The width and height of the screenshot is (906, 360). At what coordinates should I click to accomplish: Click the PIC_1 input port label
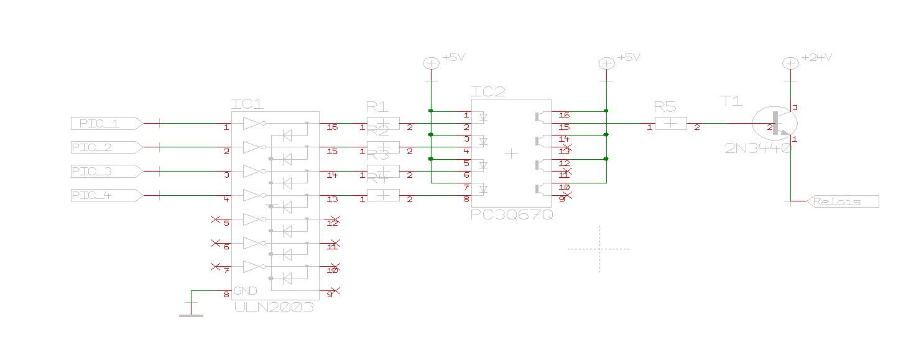click(103, 124)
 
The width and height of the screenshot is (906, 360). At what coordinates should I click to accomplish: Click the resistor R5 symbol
click(670, 124)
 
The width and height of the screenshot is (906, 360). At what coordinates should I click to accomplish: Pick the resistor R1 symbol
click(383, 124)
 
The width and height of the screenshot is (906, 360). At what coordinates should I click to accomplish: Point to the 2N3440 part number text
click(757, 149)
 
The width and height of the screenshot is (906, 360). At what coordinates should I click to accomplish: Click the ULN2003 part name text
click(274, 308)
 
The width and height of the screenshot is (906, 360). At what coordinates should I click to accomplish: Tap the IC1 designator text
click(247, 103)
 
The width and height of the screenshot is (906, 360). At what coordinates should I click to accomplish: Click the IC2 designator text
click(488, 92)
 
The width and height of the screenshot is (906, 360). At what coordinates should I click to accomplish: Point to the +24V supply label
click(816, 57)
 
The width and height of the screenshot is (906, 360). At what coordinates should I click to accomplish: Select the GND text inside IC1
click(246, 291)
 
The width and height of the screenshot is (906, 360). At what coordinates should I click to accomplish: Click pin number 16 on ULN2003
click(332, 127)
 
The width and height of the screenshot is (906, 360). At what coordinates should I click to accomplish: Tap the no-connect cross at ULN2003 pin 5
click(215, 219)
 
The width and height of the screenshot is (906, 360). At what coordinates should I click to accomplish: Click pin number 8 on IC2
click(466, 200)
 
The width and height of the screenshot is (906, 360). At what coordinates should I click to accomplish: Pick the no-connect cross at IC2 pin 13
click(566, 148)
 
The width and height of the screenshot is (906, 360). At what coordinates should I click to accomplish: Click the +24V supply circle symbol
click(790, 63)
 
